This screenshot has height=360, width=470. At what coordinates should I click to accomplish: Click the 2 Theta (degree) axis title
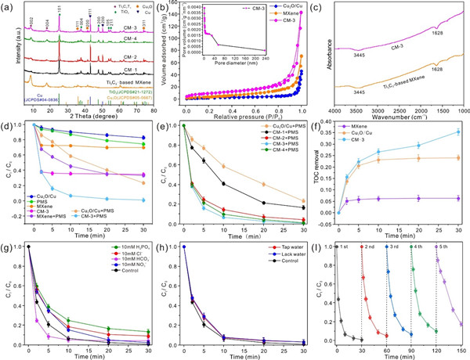(x=84, y=114)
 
